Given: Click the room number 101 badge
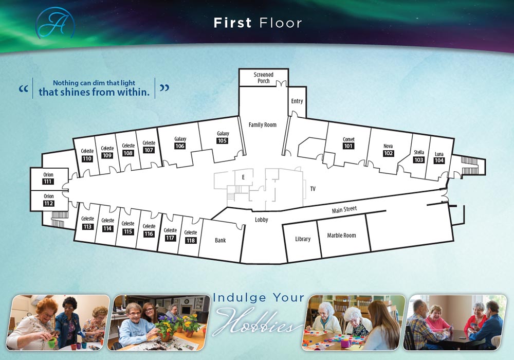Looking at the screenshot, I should (x=348, y=146).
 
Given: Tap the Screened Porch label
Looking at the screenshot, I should (x=264, y=78).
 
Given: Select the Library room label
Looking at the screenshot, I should (x=303, y=239).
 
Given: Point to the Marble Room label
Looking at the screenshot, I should (x=341, y=236).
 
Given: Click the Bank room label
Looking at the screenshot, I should (x=220, y=240).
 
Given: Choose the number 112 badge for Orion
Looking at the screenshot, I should (x=48, y=203).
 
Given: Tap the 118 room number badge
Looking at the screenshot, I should (x=191, y=240).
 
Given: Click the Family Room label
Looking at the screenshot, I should (x=263, y=125).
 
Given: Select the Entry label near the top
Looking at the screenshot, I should (x=297, y=101).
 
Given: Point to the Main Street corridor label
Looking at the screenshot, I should (x=344, y=209).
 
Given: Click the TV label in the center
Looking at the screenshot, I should (x=313, y=189).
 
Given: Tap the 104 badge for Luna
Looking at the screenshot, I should (x=439, y=160).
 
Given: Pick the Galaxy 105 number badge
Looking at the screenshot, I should (x=222, y=141).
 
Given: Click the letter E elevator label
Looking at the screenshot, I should (x=243, y=177).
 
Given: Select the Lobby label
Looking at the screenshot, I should (x=261, y=220).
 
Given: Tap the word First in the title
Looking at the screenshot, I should (x=232, y=23).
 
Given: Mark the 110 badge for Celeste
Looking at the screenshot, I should (x=87, y=158).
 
